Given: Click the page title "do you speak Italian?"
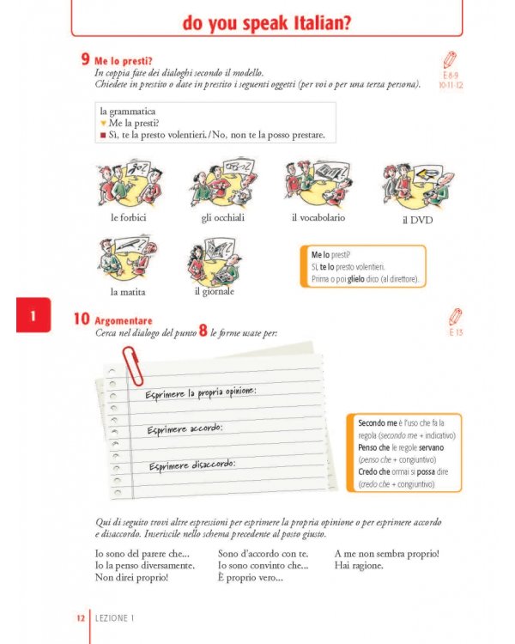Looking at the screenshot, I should point(266,23).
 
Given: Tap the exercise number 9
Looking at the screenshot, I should point(86,60).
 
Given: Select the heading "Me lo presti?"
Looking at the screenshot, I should point(124,61).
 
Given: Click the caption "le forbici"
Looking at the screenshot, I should point(128,218).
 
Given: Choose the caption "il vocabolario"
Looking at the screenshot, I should point(318,218).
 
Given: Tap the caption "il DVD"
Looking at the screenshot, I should point(417,220).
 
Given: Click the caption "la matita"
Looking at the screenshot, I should point(127,291).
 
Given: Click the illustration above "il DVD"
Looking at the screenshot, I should point(417,183).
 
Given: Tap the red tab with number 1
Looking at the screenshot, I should point(33,317).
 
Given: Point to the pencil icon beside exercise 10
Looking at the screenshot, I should point(454,317).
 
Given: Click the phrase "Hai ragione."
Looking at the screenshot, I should point(359,566).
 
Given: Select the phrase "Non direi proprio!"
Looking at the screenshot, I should point(131,578).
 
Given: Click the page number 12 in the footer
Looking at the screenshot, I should point(79,617).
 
